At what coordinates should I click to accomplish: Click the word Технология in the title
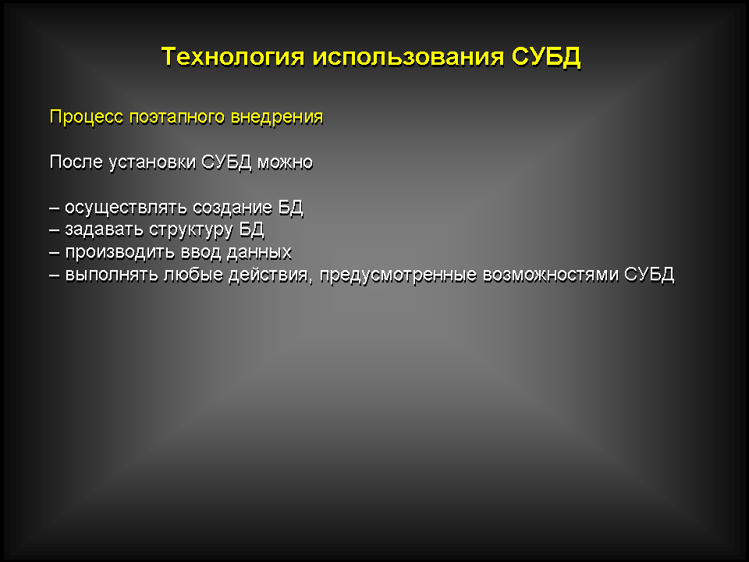(233, 56)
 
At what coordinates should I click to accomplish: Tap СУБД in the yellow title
(546, 57)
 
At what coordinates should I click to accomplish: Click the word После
(76, 162)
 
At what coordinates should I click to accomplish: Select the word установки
(152, 163)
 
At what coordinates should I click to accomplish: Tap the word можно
(286, 162)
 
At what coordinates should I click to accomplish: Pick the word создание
(233, 208)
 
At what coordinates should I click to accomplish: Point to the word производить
(119, 253)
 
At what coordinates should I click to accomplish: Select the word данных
(259, 253)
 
